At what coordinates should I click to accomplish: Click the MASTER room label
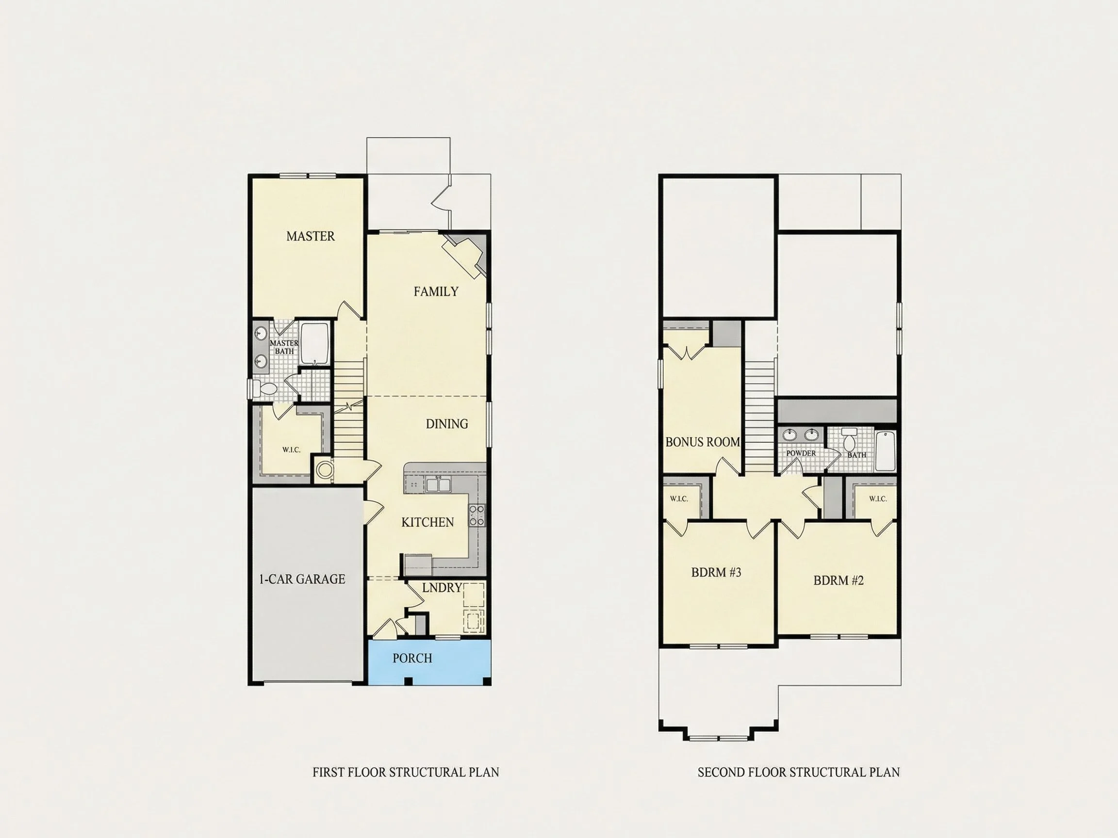(311, 236)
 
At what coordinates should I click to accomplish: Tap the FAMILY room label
(436, 291)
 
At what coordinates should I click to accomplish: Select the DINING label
(447, 424)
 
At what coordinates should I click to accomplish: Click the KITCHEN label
(427, 522)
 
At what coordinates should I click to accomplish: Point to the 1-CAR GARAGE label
(302, 580)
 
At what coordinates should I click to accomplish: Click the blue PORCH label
(412, 658)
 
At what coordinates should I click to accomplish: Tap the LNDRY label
(442, 587)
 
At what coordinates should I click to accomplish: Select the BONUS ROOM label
(703, 442)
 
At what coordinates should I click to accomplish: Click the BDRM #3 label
(716, 572)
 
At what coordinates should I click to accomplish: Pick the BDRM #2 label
(838, 580)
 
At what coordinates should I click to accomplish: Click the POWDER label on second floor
(801, 453)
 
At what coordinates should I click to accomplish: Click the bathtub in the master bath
(315, 344)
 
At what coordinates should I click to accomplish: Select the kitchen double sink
(438, 485)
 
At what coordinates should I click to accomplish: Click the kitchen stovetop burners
(477, 515)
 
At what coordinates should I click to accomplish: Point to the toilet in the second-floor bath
(849, 440)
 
